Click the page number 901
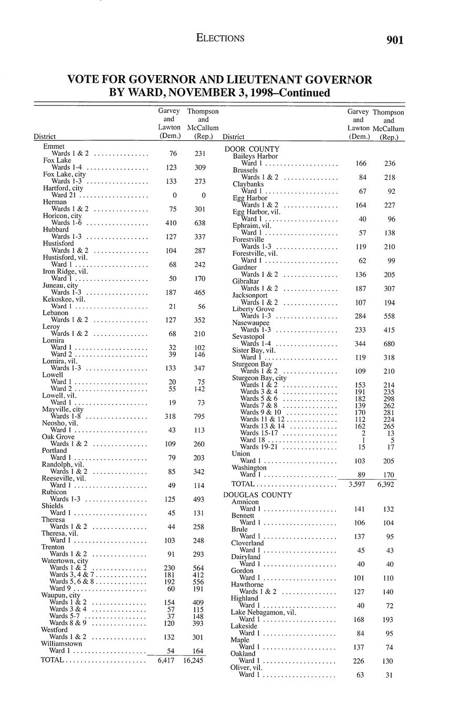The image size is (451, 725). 394,40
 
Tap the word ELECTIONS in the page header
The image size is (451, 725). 220,38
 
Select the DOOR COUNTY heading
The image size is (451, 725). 252,149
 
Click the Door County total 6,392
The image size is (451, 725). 389,484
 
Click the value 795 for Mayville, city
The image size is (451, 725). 196,417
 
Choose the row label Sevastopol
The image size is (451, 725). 249,336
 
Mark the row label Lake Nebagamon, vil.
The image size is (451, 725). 264,612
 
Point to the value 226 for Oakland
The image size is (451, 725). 360,661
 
